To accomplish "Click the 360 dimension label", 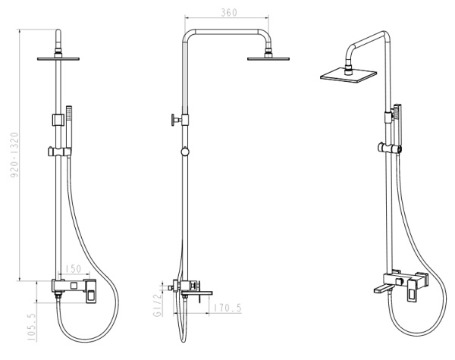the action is click(229, 12).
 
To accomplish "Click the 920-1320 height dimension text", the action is click(14, 155).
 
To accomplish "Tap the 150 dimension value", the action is click(73, 268).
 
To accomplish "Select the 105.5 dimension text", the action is click(31, 327).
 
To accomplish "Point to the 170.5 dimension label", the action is click(227, 308).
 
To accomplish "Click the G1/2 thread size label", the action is click(157, 305).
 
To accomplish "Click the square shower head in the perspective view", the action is click(349, 75).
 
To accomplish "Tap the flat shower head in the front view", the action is click(58, 59).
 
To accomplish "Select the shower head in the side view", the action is click(268, 58).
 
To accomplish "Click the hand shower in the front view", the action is click(69, 130).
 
